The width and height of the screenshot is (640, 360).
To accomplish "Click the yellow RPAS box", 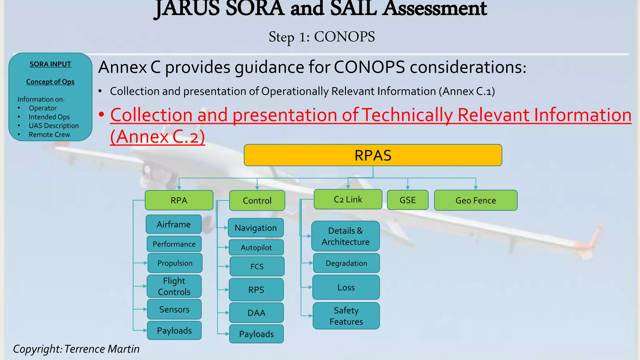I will coord(373,155).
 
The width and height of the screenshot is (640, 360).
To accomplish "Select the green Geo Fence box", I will coord(475,200).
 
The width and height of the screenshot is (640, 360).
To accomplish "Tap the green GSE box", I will coord(407,200).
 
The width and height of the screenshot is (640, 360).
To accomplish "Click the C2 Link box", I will coord(348,199).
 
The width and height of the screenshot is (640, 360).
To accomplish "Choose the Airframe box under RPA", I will coord(174,224).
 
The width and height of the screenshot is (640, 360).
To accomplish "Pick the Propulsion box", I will coord(175,263).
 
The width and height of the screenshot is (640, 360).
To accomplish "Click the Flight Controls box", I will coord(174,286).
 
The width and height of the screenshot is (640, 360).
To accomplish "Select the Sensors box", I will coord(174,309).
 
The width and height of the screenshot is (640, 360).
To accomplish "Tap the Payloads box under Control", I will coord(256,334).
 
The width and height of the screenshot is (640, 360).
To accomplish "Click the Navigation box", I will coord(256,228).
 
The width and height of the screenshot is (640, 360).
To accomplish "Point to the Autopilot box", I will coord(256,247).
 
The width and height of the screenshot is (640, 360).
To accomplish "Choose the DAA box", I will coord(256,313).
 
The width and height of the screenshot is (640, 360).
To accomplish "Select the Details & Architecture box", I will coord(346,236).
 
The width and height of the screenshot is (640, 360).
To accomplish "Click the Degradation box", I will coord(346,263).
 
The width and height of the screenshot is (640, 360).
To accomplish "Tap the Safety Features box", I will coord(346,316).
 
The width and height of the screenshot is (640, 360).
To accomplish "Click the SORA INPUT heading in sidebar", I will coord(50,64).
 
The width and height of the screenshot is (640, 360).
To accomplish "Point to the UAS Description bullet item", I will coord(54,126).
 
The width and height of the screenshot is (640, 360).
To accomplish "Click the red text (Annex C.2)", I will coord(157,137).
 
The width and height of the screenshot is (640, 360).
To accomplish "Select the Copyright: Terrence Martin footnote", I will coord(76,349).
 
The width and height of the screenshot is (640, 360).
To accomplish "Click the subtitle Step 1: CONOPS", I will coord(322,37).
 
